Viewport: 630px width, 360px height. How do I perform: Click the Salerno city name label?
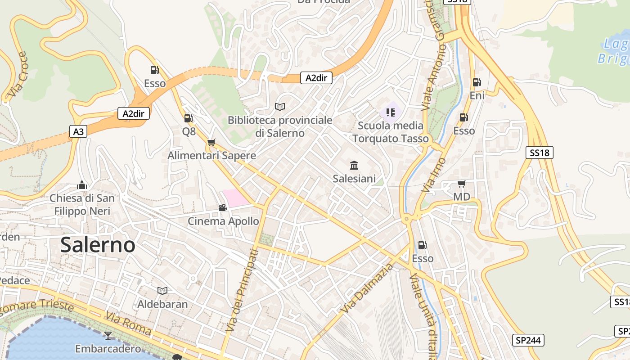point(98,245)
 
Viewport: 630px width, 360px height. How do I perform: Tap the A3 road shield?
point(78,131)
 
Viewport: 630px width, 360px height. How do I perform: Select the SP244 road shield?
point(528,340)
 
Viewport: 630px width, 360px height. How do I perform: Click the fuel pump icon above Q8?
point(189,118)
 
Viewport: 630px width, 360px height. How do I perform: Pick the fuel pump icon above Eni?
point(477,82)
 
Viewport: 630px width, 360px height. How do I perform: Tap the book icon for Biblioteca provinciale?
point(280,107)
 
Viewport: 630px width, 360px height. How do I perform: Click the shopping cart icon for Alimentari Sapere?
point(211,142)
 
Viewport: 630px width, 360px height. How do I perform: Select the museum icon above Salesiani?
point(354,166)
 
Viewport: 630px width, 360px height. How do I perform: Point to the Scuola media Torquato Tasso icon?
point(390,112)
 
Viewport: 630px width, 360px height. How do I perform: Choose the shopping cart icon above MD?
point(461,184)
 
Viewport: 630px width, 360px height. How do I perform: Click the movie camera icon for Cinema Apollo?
point(223,207)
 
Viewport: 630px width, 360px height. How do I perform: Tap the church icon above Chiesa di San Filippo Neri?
point(82,185)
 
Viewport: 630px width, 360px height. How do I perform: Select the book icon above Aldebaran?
point(162,291)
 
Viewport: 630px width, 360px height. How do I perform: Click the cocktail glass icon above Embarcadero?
point(108,335)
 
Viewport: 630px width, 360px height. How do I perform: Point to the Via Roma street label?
point(129,323)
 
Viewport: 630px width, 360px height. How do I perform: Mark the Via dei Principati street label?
point(242,290)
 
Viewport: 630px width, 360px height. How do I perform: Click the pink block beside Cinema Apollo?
point(236,198)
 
